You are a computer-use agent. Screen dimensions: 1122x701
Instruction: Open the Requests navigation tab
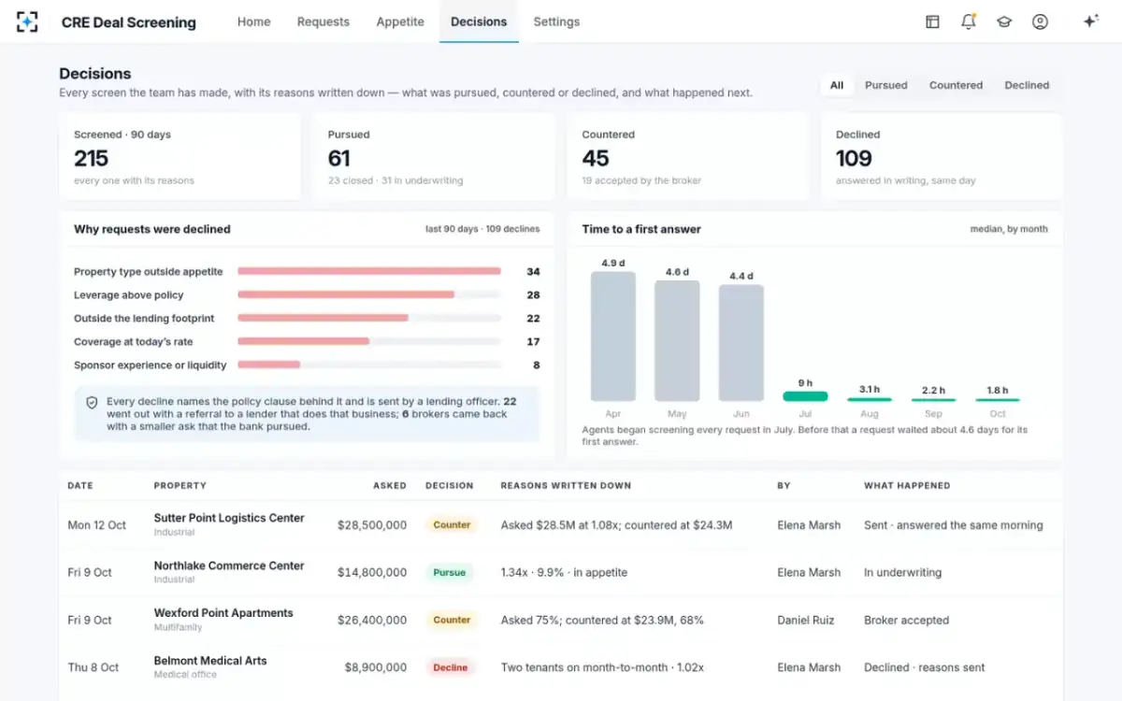coord(324,21)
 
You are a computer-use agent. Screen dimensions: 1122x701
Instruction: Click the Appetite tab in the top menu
coord(400,21)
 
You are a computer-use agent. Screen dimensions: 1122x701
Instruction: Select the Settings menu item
coord(556,21)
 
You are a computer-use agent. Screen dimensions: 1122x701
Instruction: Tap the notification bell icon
coord(969,21)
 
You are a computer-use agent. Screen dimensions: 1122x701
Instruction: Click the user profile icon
coord(1040,21)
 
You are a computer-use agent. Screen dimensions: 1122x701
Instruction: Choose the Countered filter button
coord(956,85)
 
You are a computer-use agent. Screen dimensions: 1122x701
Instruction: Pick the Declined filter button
coord(1027,85)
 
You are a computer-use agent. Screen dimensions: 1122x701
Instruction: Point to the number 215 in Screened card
coord(92,158)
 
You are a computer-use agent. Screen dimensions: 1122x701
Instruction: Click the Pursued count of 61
coord(339,158)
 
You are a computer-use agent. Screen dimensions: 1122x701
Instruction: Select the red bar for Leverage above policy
coord(346,294)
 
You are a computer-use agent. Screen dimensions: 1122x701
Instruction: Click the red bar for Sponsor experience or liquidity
coord(269,365)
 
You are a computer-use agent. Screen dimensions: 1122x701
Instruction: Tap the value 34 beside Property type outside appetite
coord(533,271)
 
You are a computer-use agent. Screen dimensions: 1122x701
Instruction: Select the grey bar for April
coord(613,336)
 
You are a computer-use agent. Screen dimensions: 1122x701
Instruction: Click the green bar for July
coord(805,396)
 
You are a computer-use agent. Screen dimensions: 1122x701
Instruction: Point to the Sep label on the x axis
coord(933,413)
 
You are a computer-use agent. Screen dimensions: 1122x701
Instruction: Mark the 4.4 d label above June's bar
coord(741,276)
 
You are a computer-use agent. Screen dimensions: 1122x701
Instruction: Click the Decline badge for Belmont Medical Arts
coord(451,667)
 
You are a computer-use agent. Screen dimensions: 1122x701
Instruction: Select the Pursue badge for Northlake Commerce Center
coord(450,572)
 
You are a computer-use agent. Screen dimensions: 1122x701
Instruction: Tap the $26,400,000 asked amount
coord(372,620)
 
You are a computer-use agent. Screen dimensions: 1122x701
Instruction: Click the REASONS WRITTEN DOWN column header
coord(566,486)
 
